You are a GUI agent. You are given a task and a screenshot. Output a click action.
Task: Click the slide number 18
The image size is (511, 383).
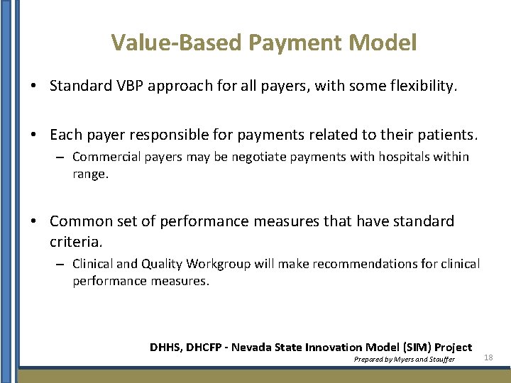pos(488,358)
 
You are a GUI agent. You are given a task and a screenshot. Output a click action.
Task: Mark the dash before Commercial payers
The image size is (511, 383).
pos(62,157)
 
